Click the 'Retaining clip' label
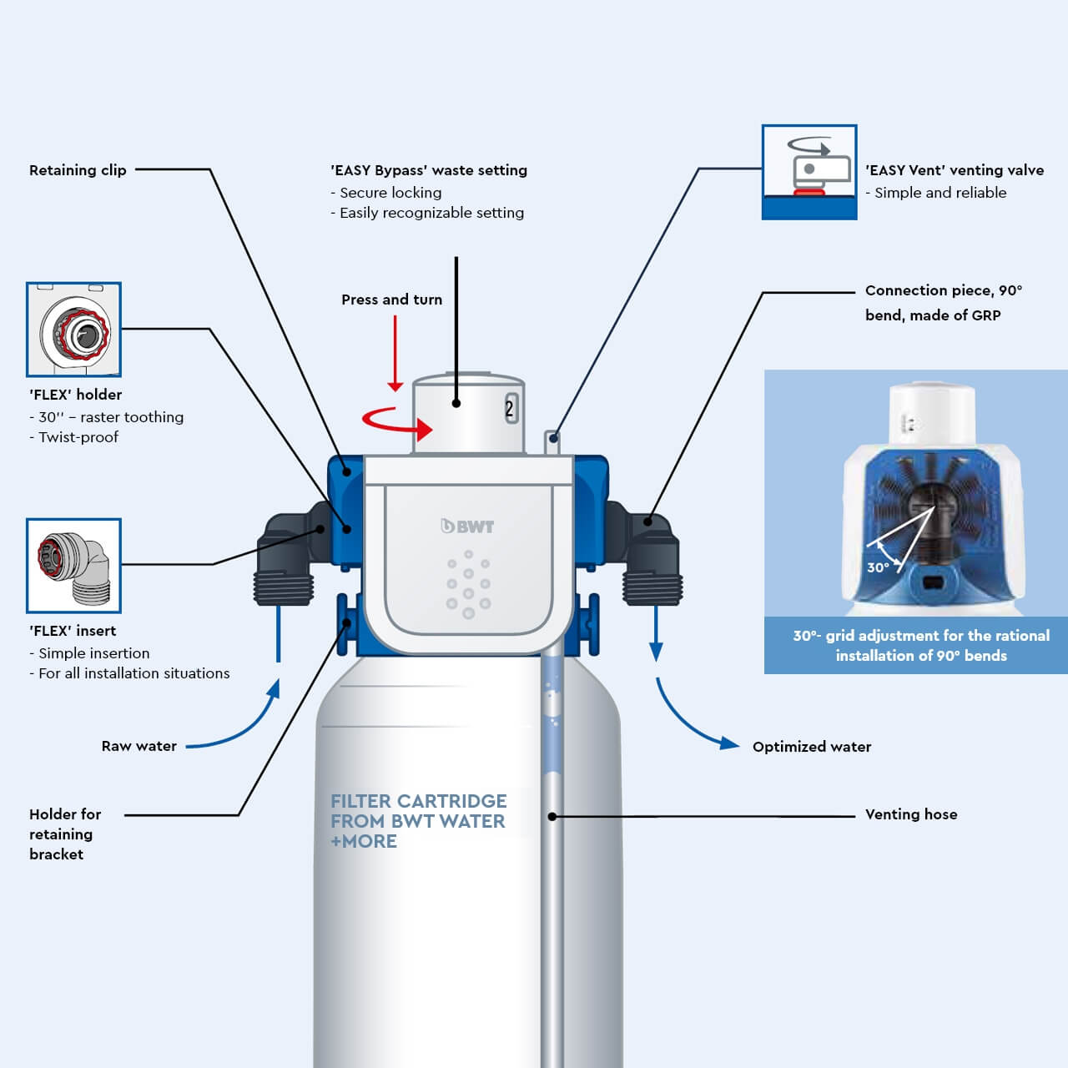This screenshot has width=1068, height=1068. click(x=78, y=170)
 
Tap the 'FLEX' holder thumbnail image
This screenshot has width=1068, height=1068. click(x=73, y=330)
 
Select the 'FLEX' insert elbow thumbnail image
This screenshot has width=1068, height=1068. click(x=73, y=566)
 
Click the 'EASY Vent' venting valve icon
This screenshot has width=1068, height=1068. click(x=809, y=172)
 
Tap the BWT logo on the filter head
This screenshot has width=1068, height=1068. click(x=467, y=526)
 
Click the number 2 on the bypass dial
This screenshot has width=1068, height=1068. click(x=509, y=409)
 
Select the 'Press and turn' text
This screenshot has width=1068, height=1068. click(x=391, y=300)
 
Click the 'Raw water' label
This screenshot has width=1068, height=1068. click(x=139, y=746)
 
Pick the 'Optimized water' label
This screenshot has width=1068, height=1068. click(x=811, y=747)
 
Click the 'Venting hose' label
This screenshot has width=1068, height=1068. click(x=910, y=814)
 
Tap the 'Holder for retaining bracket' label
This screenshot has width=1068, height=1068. click(x=64, y=834)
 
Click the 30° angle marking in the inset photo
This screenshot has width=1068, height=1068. click(x=878, y=567)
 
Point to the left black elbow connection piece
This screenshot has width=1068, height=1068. click(x=284, y=559)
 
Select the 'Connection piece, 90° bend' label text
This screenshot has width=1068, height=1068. click(x=943, y=302)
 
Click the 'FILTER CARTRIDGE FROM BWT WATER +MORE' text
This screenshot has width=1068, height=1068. click(x=418, y=821)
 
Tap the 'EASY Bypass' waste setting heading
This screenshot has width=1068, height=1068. click(x=429, y=170)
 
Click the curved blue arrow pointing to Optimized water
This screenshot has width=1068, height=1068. click(x=693, y=718)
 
